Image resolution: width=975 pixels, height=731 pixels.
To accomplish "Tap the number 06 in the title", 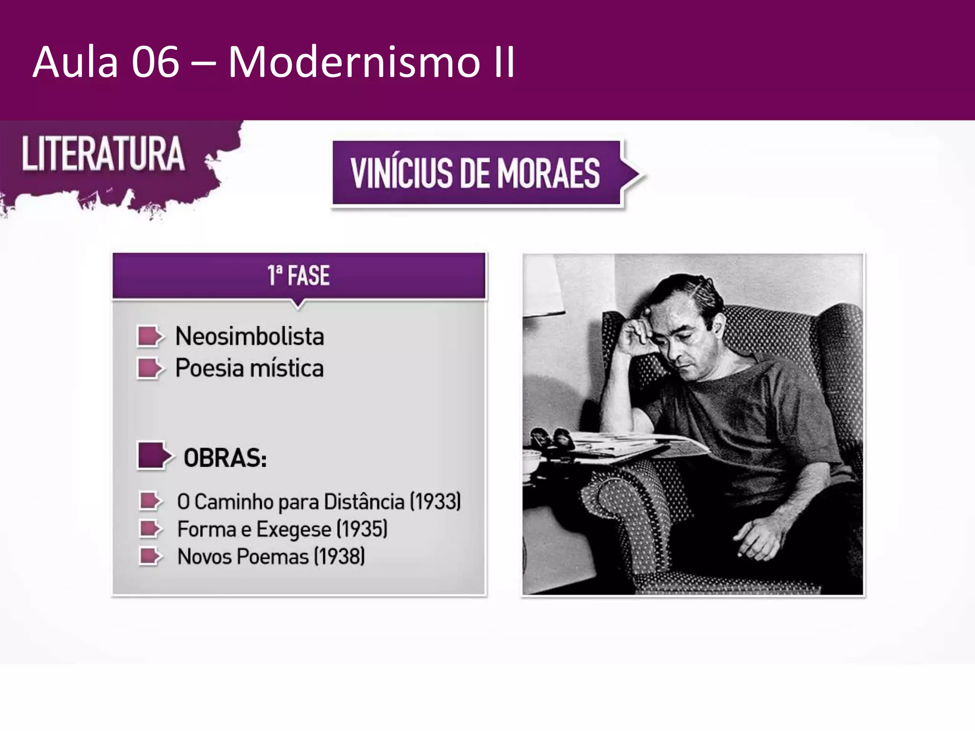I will (x=155, y=62).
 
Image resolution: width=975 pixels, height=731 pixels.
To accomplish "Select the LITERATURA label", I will (x=103, y=154).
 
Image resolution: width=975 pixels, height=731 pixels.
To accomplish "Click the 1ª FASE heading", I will (x=298, y=276).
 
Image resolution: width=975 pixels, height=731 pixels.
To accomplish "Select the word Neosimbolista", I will (x=249, y=336).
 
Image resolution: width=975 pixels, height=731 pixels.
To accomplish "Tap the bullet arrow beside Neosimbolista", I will (x=150, y=336).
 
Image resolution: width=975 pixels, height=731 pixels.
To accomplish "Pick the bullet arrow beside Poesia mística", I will (x=150, y=368).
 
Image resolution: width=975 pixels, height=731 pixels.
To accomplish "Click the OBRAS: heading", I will (x=225, y=458).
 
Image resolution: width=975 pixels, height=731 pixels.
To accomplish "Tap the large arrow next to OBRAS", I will (x=153, y=456).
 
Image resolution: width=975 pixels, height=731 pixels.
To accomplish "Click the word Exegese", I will (x=294, y=529).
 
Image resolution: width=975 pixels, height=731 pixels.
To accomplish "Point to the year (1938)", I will (x=339, y=556).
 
